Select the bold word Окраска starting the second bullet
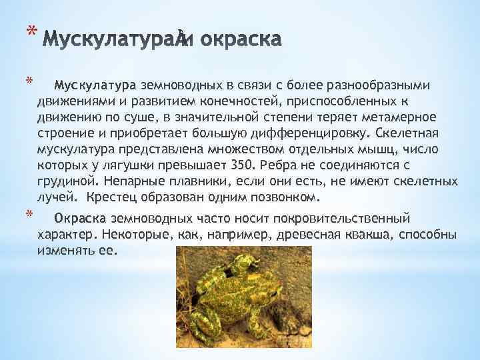click(79, 219)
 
